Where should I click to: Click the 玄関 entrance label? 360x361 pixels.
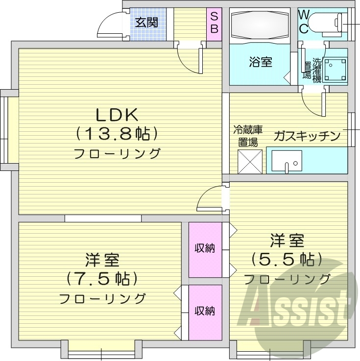coord(147,22)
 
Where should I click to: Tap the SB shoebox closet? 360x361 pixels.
coord(214,23)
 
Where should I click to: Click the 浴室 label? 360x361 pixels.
coord(260,62)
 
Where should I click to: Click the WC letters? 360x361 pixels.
coord(304,22)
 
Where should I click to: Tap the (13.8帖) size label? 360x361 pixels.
coord(117,133)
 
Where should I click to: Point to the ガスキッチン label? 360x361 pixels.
coord(307,136)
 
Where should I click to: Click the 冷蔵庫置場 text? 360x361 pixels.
coord(248,136)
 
